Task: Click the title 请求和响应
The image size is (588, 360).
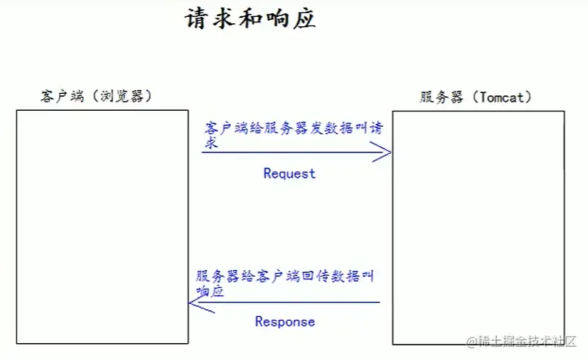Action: (251, 18)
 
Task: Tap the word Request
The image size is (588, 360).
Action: (289, 173)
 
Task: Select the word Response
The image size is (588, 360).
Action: (285, 322)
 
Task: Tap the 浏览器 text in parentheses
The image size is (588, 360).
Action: (122, 96)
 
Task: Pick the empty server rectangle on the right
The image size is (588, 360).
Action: (478, 227)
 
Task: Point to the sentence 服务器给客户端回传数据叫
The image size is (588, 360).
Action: (285, 276)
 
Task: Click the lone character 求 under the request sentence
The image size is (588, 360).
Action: (212, 142)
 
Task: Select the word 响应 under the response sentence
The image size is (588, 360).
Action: (209, 292)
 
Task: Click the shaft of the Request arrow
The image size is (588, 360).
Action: (292, 152)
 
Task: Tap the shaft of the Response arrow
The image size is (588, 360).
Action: (292, 302)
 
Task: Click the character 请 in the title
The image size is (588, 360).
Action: (197, 18)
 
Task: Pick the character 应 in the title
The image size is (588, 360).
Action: (305, 18)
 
